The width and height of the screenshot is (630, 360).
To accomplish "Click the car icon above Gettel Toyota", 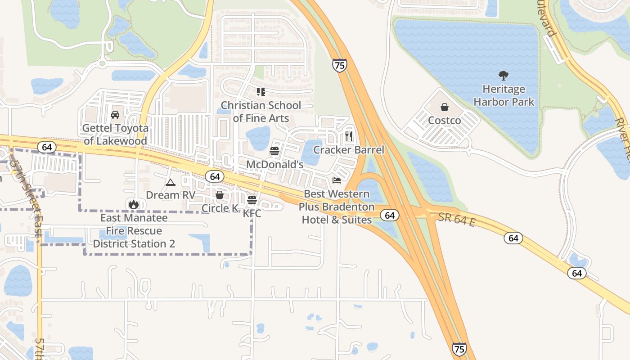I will click(115, 114).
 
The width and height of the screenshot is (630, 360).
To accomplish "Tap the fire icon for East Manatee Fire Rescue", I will click(133, 204).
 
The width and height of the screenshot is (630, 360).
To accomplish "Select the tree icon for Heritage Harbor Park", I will click(504, 75).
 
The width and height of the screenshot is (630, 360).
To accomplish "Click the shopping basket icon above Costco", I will click(445, 107).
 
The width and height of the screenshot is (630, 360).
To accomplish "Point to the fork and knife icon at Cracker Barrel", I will click(349, 135).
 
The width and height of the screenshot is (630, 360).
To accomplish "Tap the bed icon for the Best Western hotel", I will click(336, 180).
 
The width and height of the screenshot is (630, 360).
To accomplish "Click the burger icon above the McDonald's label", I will click(274, 151).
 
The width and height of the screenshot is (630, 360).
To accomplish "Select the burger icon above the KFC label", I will click(252, 200).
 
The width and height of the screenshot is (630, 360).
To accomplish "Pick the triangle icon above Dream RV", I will click(170, 182).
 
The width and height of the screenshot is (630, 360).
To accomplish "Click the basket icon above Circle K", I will click(220, 195).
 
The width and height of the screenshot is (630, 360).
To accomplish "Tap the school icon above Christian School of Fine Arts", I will click(261, 92).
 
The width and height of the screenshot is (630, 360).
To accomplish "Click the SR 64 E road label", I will click(457, 220).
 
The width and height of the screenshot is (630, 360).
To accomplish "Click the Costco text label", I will click(445, 121).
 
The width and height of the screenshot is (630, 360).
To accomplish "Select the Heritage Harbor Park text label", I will click(504, 95).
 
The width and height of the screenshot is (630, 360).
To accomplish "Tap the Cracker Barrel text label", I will click(349, 150).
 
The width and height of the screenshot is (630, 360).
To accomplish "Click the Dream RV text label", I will click(171, 195).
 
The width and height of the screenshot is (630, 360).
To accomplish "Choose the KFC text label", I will click(252, 214).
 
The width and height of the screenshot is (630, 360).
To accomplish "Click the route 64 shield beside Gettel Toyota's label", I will click(47, 147).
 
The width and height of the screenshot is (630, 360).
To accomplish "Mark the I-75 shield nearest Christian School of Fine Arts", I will click(340, 66).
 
